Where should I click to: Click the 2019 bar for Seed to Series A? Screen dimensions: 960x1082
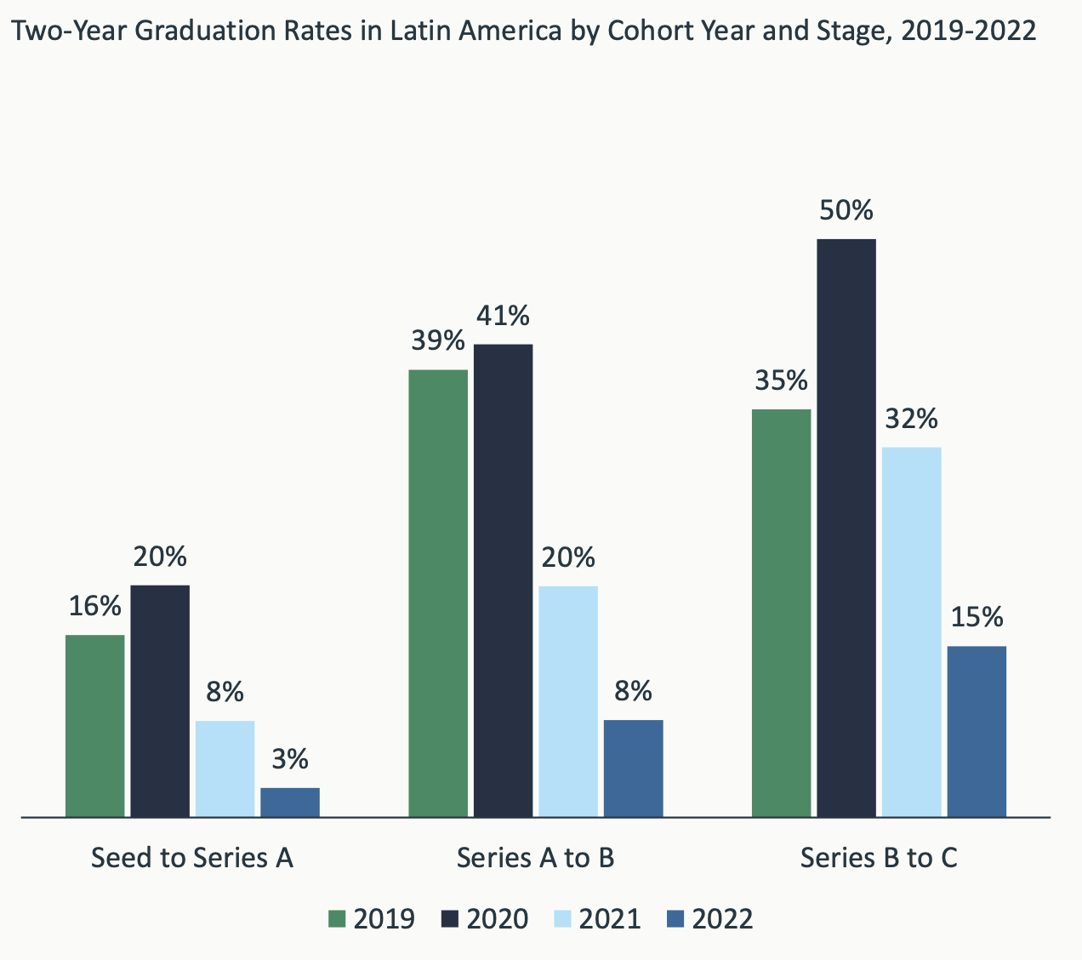point(94,726)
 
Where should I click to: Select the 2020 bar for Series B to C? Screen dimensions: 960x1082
point(846,528)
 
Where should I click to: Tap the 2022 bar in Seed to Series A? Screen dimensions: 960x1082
point(290,803)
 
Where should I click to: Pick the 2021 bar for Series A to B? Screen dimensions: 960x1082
point(568,701)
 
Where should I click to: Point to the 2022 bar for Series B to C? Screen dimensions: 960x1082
point(977,732)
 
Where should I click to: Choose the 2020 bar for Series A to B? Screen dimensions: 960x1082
point(503,580)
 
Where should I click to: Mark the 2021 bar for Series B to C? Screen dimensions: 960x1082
point(912,631)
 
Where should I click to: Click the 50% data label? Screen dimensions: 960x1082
point(846,210)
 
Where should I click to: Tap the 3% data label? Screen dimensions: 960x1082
point(290,759)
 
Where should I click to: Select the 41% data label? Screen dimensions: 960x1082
point(503,317)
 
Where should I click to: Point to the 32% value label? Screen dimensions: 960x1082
point(912,419)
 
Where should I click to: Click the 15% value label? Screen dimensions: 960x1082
point(977,617)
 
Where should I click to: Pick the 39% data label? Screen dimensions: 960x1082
point(438,341)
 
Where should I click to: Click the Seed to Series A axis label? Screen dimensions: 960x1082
point(192,858)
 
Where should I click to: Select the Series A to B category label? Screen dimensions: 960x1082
point(536,858)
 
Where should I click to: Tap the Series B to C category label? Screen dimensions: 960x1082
point(879,858)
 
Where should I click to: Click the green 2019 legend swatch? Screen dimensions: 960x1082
point(338,919)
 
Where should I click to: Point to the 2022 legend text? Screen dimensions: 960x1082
point(722,919)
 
